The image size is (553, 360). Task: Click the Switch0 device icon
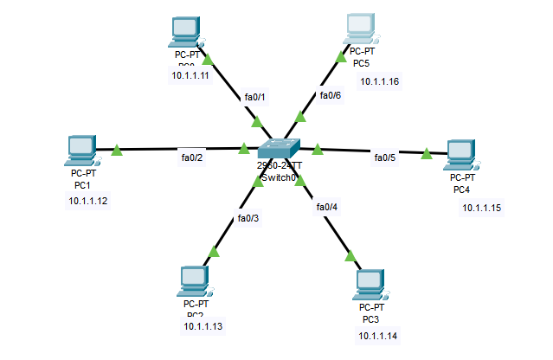[279, 151]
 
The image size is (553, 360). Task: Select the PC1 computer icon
[80, 151]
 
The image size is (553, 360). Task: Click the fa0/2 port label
[191, 157]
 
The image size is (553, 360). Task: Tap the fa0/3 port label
[248, 218]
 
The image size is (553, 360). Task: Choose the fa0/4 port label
[327, 207]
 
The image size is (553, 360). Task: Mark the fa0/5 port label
[384, 157]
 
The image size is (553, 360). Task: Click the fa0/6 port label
[330, 95]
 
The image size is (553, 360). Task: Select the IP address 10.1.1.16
[380, 81]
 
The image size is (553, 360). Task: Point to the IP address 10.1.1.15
[482, 208]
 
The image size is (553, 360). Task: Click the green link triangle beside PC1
[117, 151]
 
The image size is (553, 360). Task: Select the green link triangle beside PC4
[428, 154]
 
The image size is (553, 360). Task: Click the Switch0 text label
[279, 177]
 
